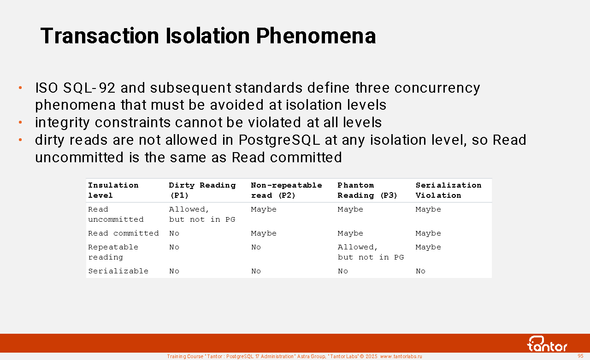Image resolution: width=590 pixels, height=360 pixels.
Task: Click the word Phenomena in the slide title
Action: [316, 36]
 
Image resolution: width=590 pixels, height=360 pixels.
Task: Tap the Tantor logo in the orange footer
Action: [547, 344]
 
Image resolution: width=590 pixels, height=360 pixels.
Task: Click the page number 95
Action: [580, 356]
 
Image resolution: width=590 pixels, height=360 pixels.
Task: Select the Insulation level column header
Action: [113, 190]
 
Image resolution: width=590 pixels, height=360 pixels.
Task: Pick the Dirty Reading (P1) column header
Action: [202, 190]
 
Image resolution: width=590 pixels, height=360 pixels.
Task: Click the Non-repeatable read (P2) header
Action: [286, 190]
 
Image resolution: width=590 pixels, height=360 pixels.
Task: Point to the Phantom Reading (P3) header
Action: [367, 190]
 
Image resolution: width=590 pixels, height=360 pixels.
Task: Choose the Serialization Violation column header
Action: [448, 190]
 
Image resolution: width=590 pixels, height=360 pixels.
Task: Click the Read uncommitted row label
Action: [116, 214]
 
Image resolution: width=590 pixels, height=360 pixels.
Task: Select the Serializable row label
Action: [118, 271]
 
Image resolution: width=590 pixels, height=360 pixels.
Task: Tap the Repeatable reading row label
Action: [113, 252]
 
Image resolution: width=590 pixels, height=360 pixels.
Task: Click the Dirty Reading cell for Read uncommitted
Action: [202, 214]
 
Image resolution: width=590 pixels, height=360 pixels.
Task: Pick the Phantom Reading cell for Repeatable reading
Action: [371, 252]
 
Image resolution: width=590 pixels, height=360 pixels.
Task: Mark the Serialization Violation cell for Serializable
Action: [420, 271]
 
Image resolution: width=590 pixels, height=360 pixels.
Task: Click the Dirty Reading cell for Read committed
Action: [174, 233]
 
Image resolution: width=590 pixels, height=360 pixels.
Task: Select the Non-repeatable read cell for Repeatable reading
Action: [256, 247]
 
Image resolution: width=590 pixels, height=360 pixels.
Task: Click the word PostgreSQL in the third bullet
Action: [279, 140]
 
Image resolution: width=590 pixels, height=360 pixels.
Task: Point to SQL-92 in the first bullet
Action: [89, 88]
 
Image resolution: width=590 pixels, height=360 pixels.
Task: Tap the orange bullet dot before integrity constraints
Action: [20, 123]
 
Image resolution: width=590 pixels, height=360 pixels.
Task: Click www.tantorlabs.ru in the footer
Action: [401, 356]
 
